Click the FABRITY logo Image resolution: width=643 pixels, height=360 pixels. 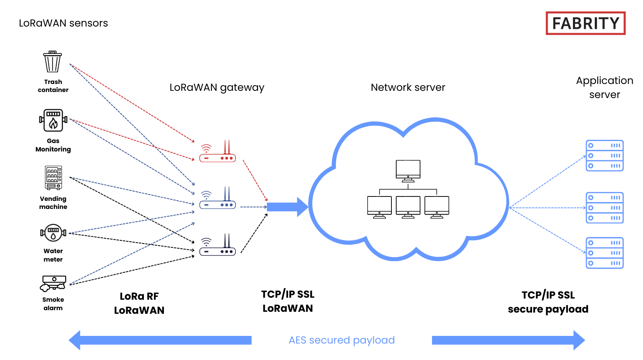point(585,23)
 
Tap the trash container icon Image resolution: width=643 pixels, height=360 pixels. point(53,62)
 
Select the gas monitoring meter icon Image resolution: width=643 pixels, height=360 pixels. point(53,120)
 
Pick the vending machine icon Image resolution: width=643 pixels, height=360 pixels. point(53,177)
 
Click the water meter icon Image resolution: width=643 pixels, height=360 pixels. point(53,233)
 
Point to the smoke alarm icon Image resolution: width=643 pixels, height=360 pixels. point(53,283)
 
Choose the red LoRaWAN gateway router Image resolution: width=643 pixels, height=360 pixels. point(217,153)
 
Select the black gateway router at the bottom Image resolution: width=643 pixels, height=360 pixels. point(217,246)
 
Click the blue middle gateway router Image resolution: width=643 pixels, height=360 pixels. point(217,199)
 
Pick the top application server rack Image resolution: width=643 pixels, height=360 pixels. point(604,155)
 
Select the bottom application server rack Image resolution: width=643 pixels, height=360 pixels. point(604,253)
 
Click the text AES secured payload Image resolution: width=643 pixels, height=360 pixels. point(342,340)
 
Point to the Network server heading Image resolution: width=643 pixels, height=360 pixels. point(408,88)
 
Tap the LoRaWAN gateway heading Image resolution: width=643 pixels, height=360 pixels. point(217,88)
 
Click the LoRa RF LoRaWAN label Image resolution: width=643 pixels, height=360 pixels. point(139,303)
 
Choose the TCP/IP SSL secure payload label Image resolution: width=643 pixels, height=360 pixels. point(548,302)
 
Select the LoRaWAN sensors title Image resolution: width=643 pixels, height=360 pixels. point(63,23)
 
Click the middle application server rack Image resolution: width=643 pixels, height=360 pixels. point(604,208)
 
